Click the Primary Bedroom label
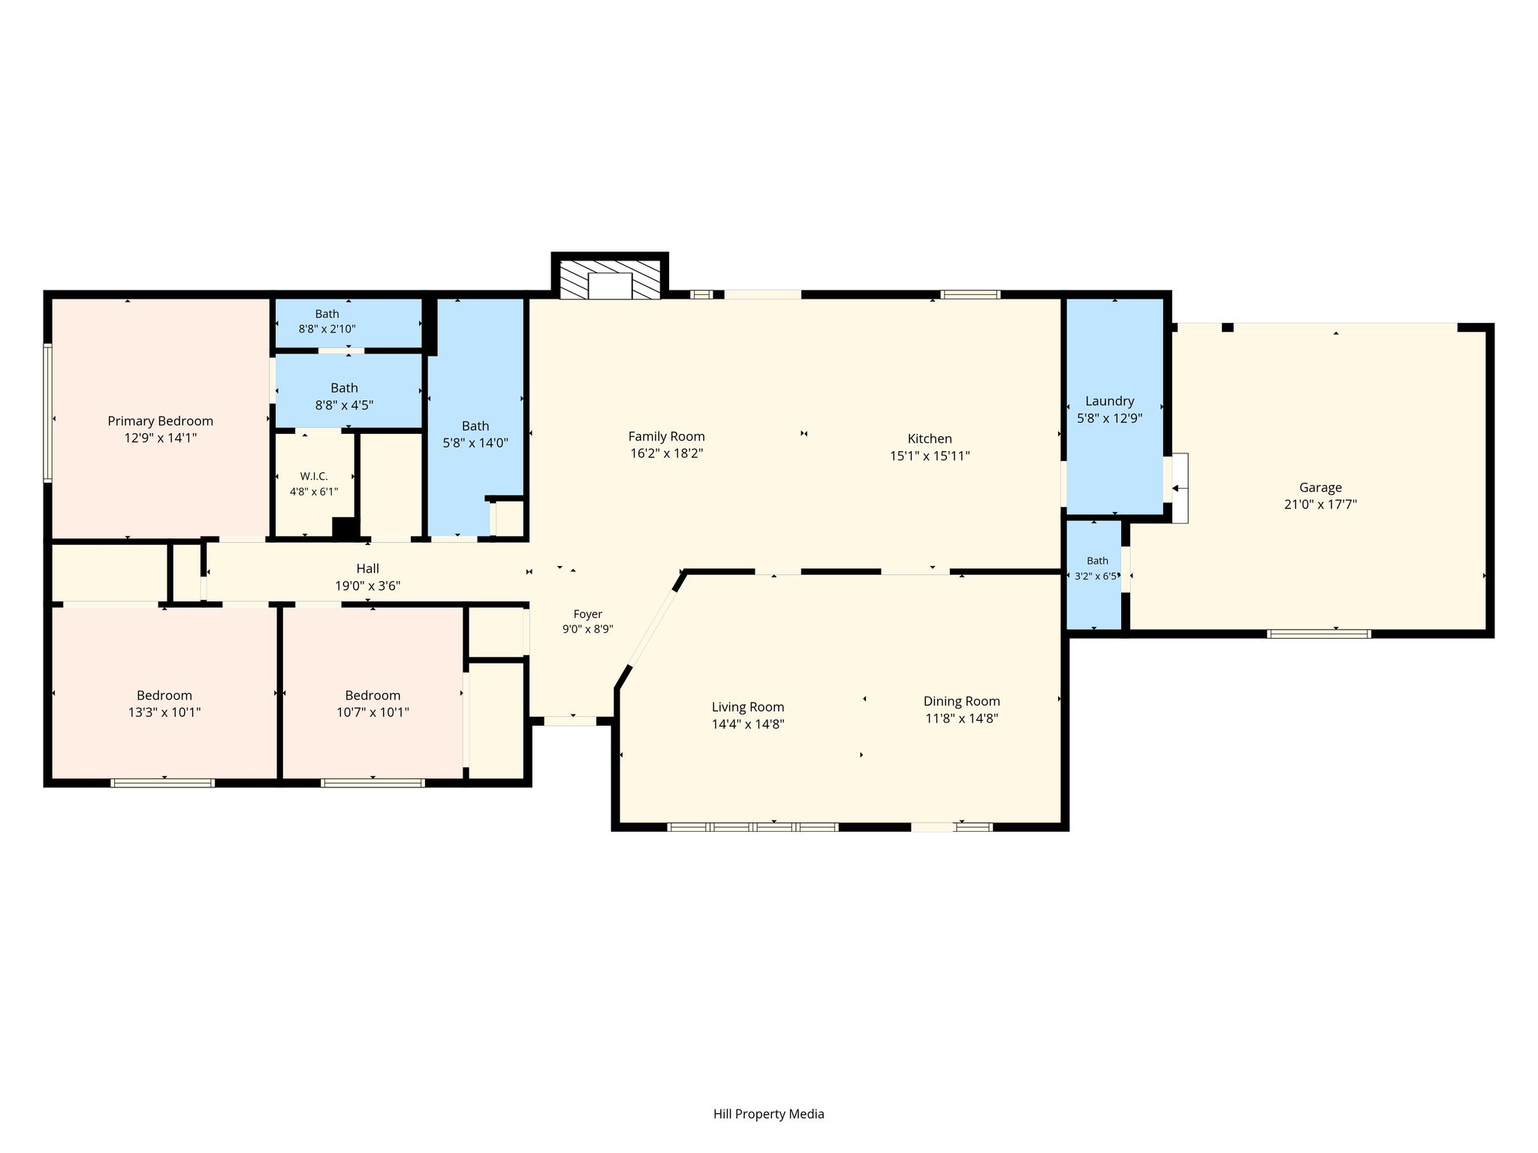click(x=160, y=421)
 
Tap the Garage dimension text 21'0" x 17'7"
click(x=1320, y=504)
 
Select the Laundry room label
click(x=1109, y=402)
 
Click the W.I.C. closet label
click(x=314, y=476)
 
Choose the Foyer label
click(x=587, y=614)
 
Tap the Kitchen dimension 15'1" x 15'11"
click(x=930, y=456)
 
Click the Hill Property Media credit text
click(x=768, y=1114)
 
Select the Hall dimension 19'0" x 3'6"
click(x=367, y=586)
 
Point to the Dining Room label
click(x=961, y=701)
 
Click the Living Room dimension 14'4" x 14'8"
click(x=748, y=724)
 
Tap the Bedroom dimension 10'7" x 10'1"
click(x=372, y=712)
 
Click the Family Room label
click(x=666, y=436)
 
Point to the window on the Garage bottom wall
click(x=1319, y=634)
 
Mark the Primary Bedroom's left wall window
click(x=47, y=412)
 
